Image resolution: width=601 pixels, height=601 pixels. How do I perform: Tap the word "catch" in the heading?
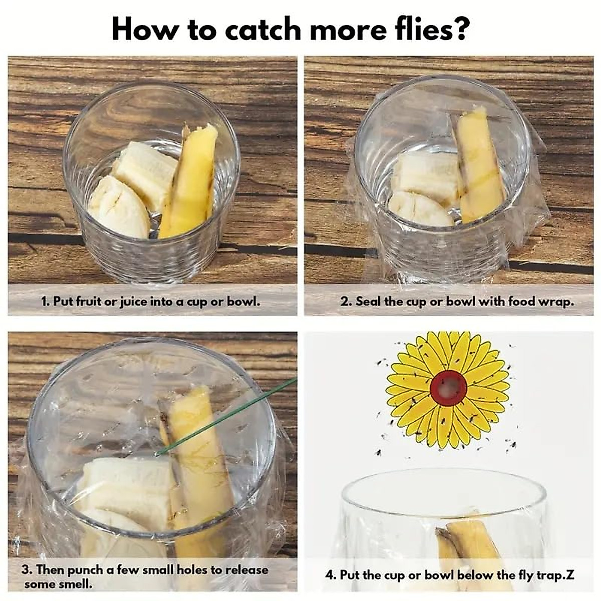point(264,29)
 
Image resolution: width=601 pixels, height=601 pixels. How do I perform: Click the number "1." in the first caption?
point(46,302)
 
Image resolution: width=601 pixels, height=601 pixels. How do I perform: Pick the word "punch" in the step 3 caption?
point(85,570)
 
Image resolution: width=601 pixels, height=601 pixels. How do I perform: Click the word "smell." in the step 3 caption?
point(75,584)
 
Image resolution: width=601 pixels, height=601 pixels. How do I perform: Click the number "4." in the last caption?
point(331,575)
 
